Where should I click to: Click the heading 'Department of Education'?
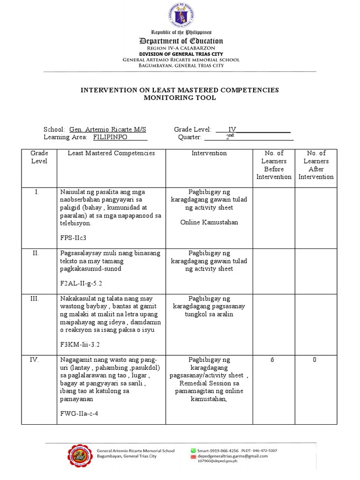pyautogui.click(x=180, y=41)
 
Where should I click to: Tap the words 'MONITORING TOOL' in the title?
pyautogui.click(x=180, y=98)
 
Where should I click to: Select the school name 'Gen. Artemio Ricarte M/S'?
pyautogui.click(x=107, y=129)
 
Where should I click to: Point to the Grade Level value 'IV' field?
pyautogui.click(x=232, y=129)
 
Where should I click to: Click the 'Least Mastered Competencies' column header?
pyautogui.click(x=111, y=153)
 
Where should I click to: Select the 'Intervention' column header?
pyautogui.click(x=209, y=153)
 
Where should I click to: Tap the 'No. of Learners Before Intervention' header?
pyautogui.click(x=274, y=165)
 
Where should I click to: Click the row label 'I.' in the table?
pyautogui.click(x=39, y=192)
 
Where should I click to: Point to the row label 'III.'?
pyautogui.click(x=39, y=299)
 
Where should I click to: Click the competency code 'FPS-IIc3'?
pyautogui.click(x=73, y=238)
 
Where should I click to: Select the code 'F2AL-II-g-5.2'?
pyautogui.click(x=81, y=283)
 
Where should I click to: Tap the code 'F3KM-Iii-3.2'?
pyautogui.click(x=80, y=344)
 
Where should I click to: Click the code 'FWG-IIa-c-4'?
pyautogui.click(x=79, y=414)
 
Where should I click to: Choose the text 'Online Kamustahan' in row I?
pyautogui.click(x=209, y=222)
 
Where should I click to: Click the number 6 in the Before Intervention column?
pyautogui.click(x=272, y=360)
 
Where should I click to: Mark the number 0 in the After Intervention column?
pyautogui.click(x=315, y=360)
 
